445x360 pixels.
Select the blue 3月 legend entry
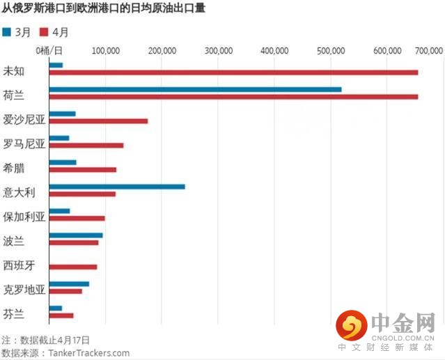pyautogui.click(x=17, y=33)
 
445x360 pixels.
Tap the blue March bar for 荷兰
pyautogui.click(x=195, y=89)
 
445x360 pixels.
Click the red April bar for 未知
pyautogui.click(x=233, y=72)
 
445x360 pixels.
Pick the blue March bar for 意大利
pyautogui.click(x=117, y=187)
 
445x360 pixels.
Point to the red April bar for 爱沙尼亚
pyautogui.click(x=98, y=121)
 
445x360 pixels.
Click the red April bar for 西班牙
pyautogui.click(x=73, y=267)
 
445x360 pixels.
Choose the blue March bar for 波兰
pyautogui.click(x=76, y=235)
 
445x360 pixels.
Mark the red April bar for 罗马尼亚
pyautogui.click(x=86, y=146)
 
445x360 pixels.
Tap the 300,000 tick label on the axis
pyautogui.click(x=219, y=51)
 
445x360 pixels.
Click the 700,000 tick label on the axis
pyautogui.click(x=430, y=51)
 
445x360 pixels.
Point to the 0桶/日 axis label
pyautogui.click(x=49, y=51)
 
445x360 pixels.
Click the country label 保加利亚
pyautogui.click(x=24, y=216)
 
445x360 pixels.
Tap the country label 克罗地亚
pyautogui.click(x=24, y=289)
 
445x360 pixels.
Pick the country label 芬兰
pyautogui.click(x=14, y=313)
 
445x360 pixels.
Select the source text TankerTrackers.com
pyautogui.click(x=88, y=353)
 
